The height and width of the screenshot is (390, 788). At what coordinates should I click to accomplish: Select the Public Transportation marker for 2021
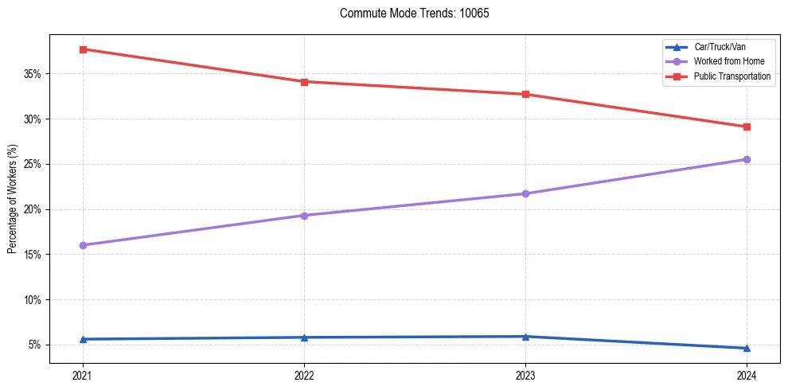point(83,49)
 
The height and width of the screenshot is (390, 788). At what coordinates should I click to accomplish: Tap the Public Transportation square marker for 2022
point(304,81)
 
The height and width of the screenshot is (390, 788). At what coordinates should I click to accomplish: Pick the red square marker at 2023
point(525,94)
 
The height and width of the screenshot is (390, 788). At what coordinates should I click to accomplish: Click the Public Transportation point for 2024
point(747,127)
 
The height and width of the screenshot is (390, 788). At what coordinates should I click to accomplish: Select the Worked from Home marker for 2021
point(83,245)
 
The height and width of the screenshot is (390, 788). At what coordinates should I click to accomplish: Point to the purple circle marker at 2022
point(304,215)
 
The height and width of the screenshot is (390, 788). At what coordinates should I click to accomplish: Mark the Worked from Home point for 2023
point(525,193)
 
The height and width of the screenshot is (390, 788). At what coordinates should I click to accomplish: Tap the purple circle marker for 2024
point(747,159)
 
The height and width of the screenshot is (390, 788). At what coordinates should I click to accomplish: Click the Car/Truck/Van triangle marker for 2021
point(83,339)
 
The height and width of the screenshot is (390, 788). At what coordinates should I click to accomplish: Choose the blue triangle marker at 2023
point(525,337)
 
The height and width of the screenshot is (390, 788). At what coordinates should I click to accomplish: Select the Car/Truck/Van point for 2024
point(747,348)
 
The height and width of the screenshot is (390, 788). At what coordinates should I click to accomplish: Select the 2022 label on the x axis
point(304,375)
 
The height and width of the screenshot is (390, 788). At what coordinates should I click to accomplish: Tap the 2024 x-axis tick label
point(747,375)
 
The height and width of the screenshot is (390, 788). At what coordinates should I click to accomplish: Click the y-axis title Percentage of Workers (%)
point(12,199)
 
